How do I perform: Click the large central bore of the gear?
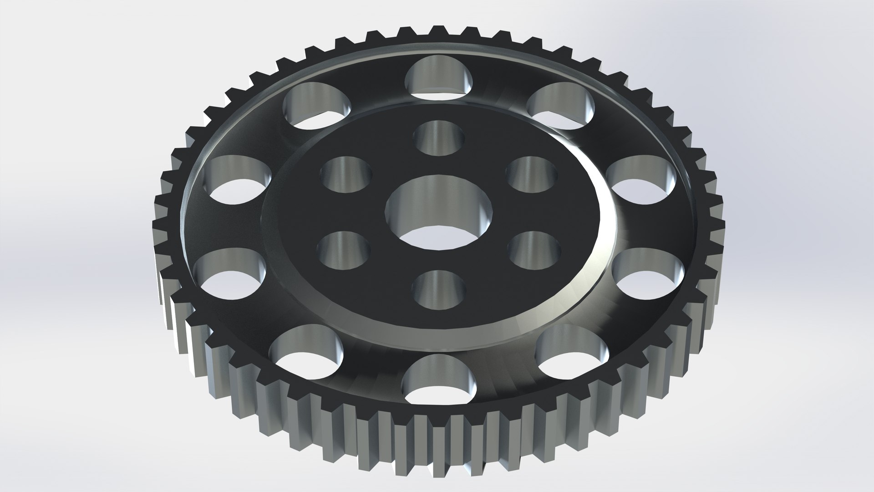coord(439,212)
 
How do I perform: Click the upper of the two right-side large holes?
coord(642,179)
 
